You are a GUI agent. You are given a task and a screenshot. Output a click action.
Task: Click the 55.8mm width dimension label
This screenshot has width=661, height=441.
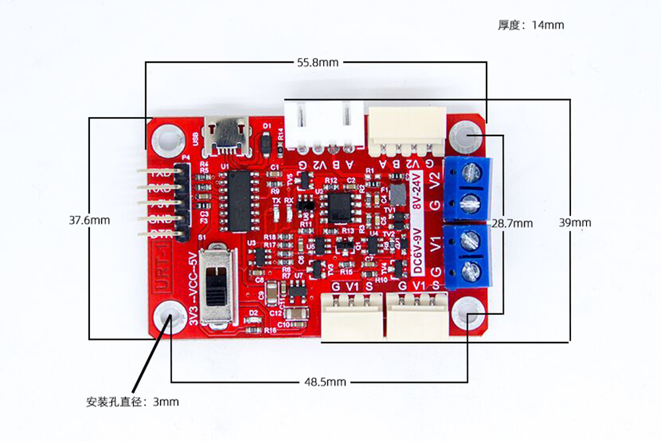(x=317, y=63)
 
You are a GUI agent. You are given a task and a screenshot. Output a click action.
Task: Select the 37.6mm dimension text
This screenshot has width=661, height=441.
(x=90, y=220)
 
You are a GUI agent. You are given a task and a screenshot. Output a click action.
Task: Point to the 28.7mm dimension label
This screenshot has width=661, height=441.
(x=511, y=223)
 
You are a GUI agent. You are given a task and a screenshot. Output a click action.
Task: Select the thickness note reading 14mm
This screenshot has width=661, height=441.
(x=531, y=25)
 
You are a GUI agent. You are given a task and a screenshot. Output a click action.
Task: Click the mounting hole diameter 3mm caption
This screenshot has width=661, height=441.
(x=132, y=401)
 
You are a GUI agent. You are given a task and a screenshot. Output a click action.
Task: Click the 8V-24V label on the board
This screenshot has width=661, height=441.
(x=416, y=192)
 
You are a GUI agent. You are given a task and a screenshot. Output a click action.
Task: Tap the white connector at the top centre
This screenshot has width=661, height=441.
(x=324, y=124)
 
